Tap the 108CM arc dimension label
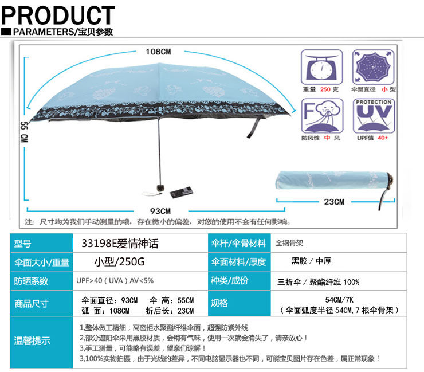coord(158,52)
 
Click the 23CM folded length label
coord(333,202)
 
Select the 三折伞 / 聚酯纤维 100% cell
coord(319,282)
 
